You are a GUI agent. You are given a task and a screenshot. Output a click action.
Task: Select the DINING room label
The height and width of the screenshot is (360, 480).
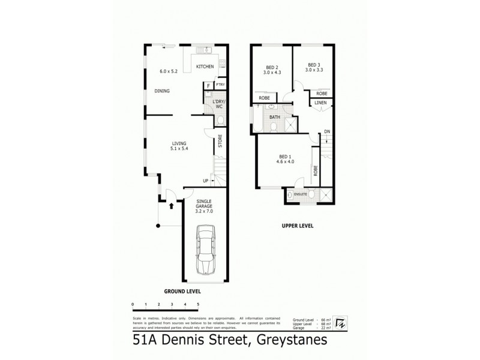coord(162,91)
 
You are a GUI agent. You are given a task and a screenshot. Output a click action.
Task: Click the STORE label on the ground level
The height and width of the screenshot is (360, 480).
coord(221,142)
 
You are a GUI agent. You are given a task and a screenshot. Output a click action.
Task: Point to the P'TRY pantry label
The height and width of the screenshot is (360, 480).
coord(220,85)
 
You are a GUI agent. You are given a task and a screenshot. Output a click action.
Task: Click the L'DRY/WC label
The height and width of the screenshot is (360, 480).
coord(218,104)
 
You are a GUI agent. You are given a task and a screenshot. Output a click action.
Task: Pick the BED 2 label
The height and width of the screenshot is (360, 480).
coord(272,67)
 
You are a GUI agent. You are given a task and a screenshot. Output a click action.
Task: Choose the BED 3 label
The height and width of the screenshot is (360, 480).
coord(314,65)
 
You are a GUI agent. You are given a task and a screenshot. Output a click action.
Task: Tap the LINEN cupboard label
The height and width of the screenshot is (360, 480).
coord(320,103)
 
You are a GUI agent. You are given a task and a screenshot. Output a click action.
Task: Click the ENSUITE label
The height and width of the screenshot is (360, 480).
coord(301,194)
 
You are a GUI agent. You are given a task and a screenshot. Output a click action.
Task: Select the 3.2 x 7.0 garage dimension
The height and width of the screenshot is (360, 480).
coord(205,212)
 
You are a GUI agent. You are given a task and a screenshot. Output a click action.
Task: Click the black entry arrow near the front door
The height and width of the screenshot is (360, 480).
coord(172,205)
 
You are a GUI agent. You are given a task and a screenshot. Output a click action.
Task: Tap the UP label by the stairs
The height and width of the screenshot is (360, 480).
coord(206,180)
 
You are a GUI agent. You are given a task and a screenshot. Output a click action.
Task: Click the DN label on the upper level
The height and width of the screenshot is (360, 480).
coord(327,131)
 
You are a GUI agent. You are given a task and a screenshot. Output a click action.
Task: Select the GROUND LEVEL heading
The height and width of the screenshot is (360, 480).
coord(182,291)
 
